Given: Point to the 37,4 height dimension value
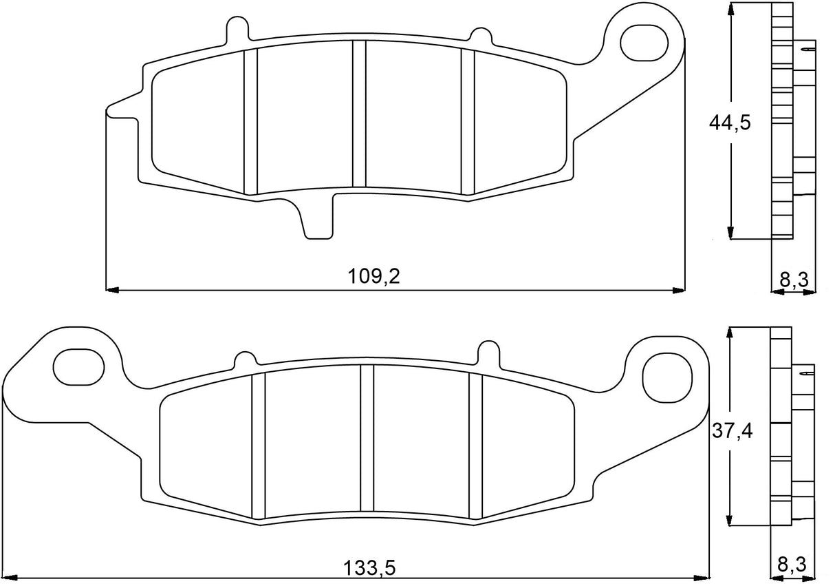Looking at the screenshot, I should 731,432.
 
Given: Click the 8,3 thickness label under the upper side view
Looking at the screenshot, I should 794,279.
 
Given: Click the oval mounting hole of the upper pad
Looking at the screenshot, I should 644,41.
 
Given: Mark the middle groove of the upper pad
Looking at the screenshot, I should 358,114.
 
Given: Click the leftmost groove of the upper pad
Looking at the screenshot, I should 250,121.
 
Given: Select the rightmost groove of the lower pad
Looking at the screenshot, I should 475,445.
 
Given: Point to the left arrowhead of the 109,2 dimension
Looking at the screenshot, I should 110,289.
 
